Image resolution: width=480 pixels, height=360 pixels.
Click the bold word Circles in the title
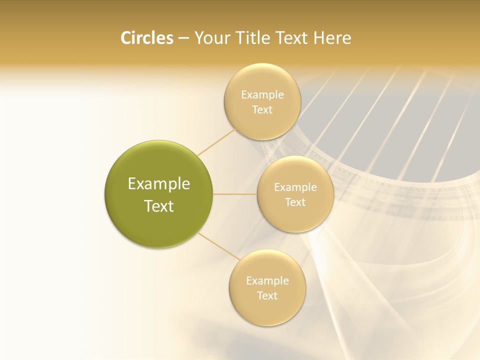click(146, 38)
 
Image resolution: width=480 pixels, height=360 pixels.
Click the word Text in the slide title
click(292, 38)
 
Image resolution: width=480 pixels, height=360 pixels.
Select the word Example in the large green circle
click(159, 184)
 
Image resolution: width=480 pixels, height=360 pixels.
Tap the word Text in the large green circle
click(159, 206)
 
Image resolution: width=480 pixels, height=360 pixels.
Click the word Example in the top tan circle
click(262, 95)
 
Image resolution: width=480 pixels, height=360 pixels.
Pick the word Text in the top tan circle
click(262, 110)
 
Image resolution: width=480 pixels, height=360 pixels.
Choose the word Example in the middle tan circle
click(295, 187)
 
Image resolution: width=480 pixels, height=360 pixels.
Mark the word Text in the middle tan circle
click(295, 202)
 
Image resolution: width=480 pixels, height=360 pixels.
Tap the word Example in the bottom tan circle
click(267, 281)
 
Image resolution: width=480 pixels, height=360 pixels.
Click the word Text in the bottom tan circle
click(267, 296)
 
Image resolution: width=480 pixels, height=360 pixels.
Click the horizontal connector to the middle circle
click(235, 194)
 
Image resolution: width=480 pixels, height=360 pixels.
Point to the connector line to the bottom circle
click(218, 246)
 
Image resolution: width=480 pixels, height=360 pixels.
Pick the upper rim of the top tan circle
click(262, 66)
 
